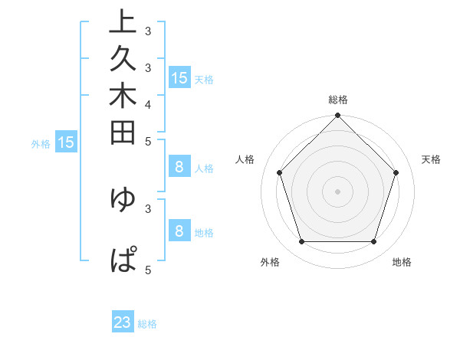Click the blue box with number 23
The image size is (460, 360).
point(123,322)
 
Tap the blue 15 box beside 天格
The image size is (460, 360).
point(179,77)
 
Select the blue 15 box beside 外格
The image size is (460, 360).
point(66,142)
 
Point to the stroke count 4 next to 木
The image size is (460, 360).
point(148,104)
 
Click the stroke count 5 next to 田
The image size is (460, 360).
point(148,141)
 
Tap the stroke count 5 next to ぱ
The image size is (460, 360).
point(148,270)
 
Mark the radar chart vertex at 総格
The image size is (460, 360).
point(337,116)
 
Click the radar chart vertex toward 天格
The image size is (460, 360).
point(396,172)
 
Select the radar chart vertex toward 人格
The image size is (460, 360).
point(279,172)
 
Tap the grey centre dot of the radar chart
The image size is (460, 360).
point(337,191)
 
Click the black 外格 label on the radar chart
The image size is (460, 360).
point(270,263)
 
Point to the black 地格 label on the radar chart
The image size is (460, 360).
point(402,263)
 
